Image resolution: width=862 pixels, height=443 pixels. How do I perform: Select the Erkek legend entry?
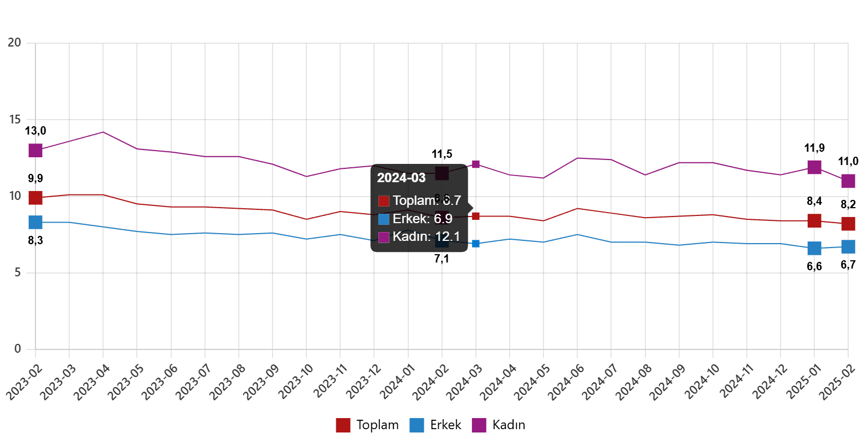coord(435,425)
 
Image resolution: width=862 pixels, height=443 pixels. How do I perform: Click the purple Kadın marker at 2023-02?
coord(35,150)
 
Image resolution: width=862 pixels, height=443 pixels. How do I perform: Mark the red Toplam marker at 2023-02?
coord(35,198)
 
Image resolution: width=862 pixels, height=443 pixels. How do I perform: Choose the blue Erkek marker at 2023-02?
coord(35,222)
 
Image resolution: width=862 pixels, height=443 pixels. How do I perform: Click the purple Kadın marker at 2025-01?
coord(814,167)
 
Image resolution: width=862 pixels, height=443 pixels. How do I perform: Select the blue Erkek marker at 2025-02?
coord(848,246)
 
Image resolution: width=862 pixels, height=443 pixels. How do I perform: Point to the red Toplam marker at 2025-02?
coord(848,224)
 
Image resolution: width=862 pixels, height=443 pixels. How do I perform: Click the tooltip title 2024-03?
coord(401,178)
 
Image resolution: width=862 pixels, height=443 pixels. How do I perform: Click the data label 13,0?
coord(35,131)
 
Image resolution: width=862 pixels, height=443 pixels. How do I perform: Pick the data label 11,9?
coord(814,148)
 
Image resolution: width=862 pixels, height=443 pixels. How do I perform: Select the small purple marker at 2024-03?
coord(476,164)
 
